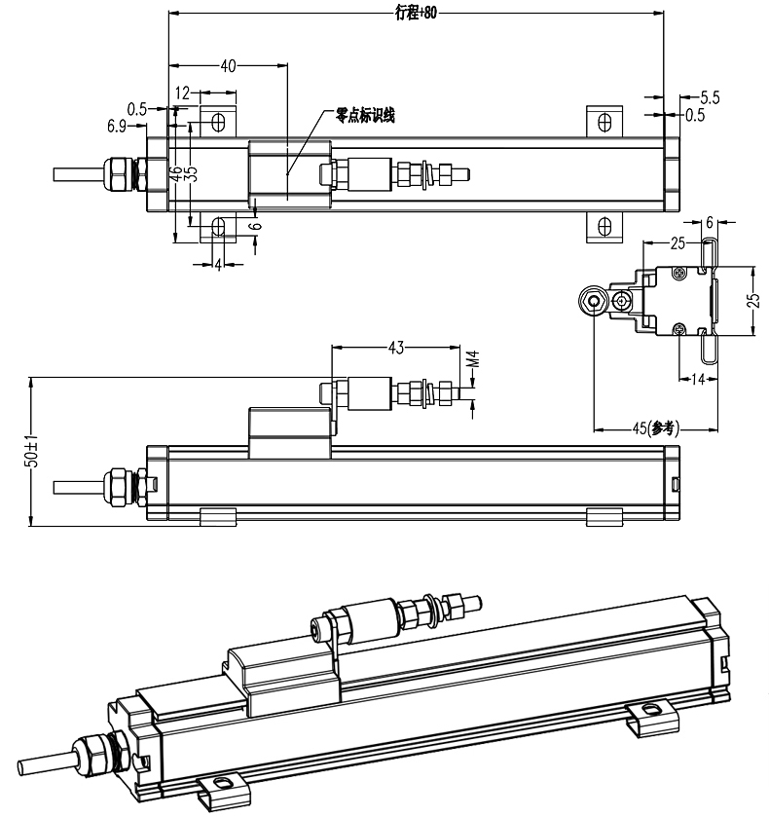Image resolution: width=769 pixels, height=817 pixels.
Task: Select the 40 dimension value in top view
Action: click(228, 66)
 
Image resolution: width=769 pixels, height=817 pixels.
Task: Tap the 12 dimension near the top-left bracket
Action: click(182, 93)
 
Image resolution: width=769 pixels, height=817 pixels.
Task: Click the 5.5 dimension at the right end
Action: click(710, 97)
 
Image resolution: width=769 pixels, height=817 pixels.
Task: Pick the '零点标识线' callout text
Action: click(365, 115)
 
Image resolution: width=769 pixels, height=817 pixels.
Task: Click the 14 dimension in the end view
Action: click(698, 379)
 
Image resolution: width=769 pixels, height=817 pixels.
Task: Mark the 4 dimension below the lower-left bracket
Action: click(218, 264)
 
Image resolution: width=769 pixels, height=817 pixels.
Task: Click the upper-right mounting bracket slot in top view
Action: click(604, 124)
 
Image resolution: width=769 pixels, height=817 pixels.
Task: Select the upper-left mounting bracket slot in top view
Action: click(218, 124)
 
